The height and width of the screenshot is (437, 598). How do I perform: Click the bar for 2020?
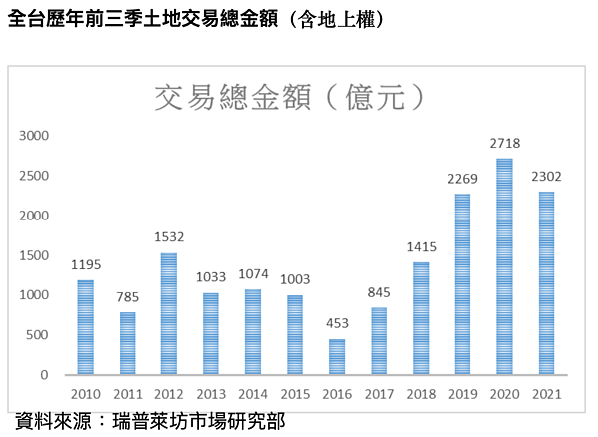(504, 266)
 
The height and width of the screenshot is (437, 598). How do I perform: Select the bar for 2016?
(337, 357)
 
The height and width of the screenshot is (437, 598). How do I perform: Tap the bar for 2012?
(168, 314)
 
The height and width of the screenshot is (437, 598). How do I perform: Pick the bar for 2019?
(462, 284)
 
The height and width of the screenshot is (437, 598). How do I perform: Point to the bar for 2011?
(127, 344)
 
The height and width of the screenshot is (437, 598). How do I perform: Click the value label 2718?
(505, 144)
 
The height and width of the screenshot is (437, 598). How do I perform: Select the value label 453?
(337, 325)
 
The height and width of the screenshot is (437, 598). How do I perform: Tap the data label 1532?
(168, 238)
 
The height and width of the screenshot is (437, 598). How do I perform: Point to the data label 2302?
(547, 177)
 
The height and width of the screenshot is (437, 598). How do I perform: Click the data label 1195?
(85, 265)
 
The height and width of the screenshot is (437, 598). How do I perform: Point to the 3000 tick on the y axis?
(35, 136)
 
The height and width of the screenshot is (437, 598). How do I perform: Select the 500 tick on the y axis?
(39, 335)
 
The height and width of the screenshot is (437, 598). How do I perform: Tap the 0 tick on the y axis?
(45, 375)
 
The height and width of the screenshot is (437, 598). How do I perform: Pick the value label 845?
(379, 294)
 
